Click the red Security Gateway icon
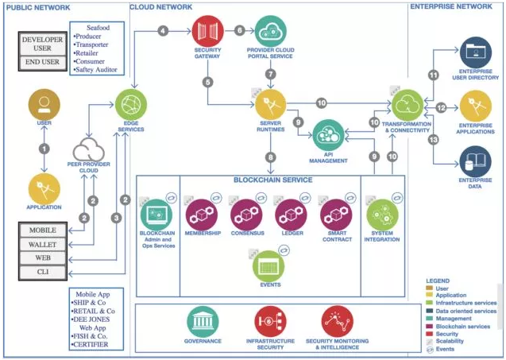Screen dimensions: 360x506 (x=208, y=31)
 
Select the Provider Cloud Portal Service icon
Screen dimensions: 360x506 (x=271, y=31)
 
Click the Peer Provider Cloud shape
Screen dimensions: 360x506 (x=94, y=149)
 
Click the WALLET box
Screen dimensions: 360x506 (x=43, y=245)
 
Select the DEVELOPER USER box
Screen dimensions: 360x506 (x=43, y=42)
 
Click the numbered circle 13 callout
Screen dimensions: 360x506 (x=434, y=140)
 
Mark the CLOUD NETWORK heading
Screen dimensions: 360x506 (x=162, y=6)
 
